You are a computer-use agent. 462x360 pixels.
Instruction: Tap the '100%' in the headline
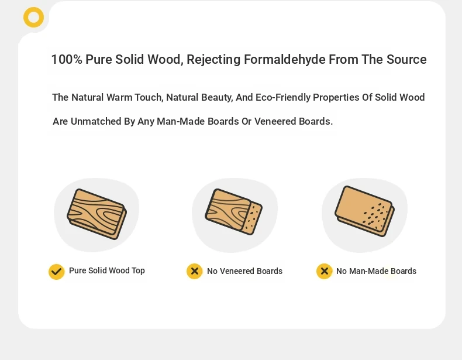(x=67, y=59)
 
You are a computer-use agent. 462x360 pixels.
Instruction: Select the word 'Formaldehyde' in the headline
(x=284, y=59)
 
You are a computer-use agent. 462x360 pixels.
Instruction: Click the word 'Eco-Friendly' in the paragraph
(x=283, y=97)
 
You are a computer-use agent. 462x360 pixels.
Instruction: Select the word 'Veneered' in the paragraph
(x=275, y=121)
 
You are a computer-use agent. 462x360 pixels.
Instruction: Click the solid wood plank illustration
(x=97, y=214)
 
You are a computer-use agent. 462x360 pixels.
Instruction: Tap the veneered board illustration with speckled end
(x=234, y=212)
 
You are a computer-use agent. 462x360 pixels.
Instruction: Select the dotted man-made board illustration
(x=365, y=211)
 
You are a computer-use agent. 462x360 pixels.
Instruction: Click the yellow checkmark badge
(x=57, y=272)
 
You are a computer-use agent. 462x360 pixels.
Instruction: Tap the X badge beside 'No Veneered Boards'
(x=195, y=271)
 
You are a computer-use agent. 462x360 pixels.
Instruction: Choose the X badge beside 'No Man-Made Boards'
(x=325, y=271)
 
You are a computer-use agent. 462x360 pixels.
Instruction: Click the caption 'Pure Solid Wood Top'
(x=107, y=270)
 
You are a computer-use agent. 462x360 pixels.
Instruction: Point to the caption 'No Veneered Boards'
(x=244, y=271)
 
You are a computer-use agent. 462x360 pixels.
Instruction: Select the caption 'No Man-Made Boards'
(x=376, y=271)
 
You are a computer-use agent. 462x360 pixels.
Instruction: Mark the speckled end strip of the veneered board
(x=253, y=218)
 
